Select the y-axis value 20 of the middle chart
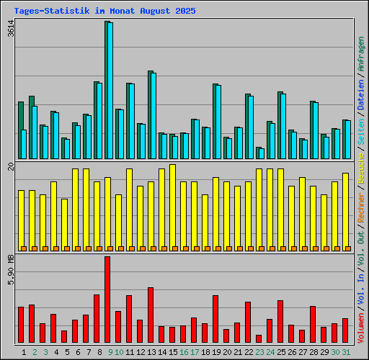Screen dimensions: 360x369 point(10,167)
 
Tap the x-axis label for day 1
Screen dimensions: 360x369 point(25,352)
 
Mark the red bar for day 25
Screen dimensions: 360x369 point(280,322)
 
